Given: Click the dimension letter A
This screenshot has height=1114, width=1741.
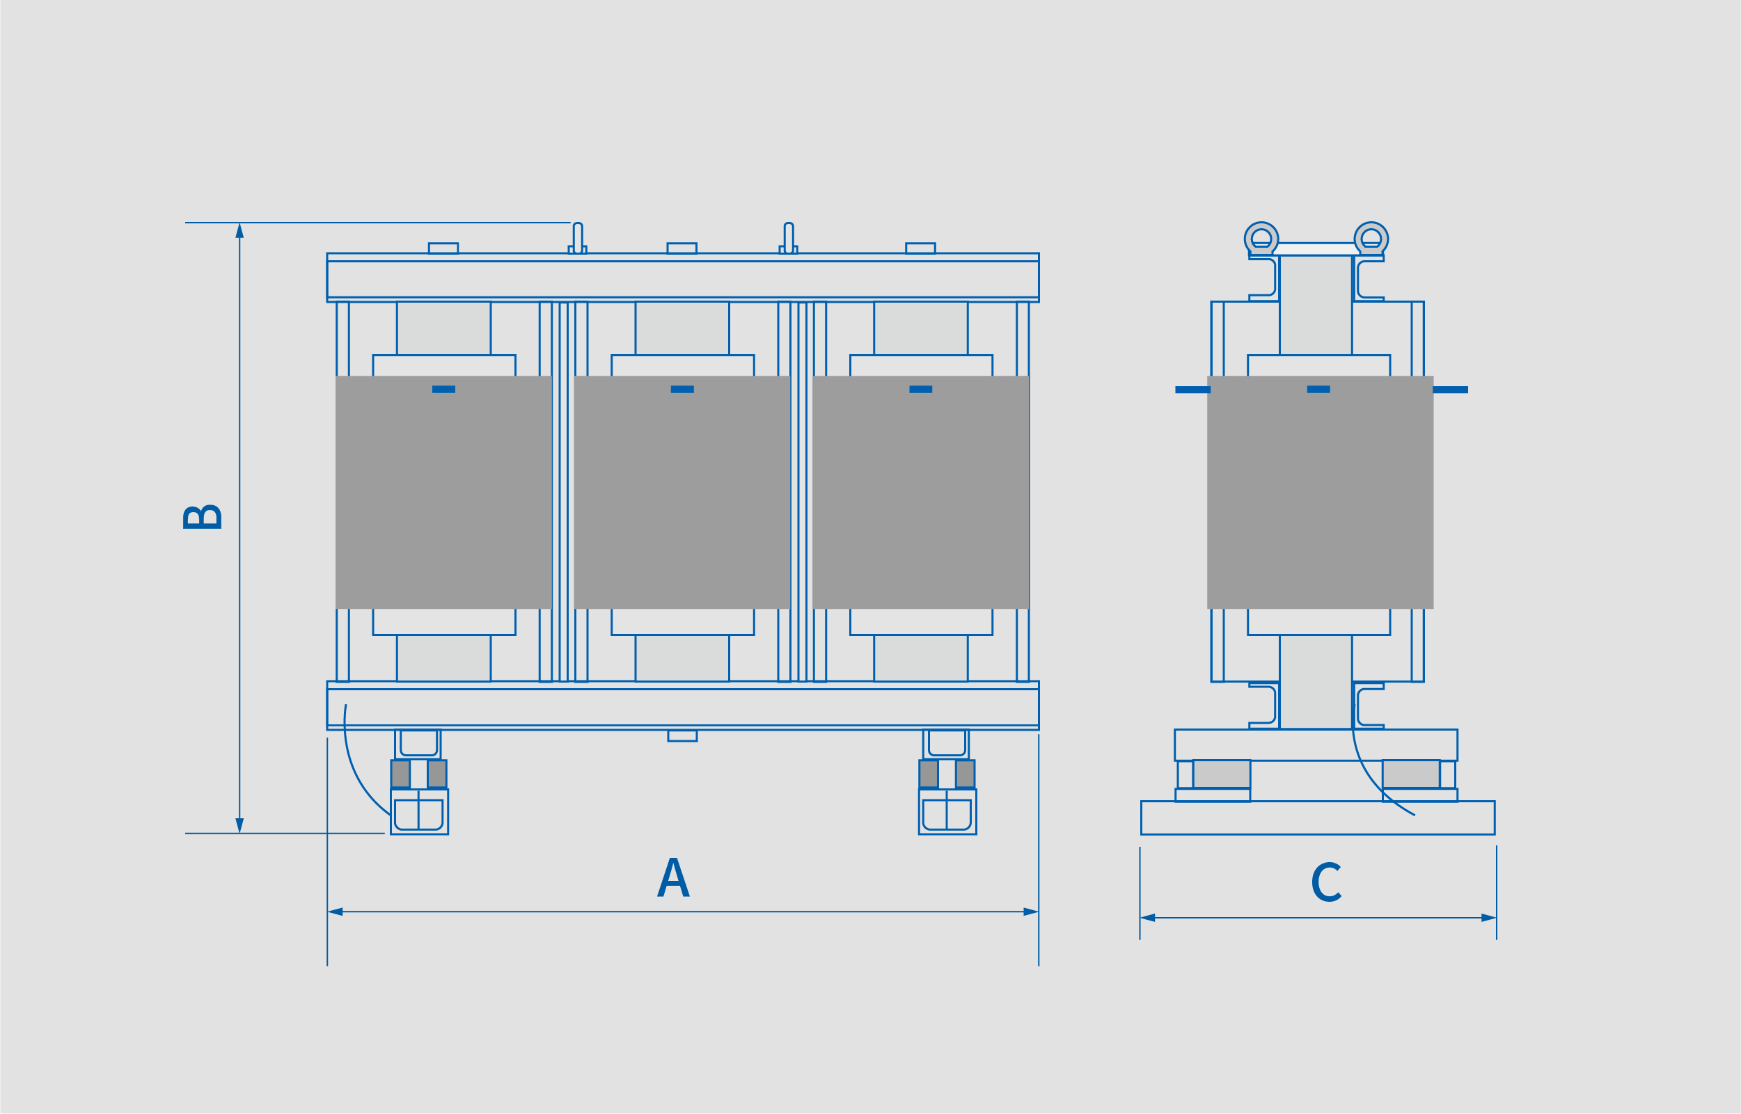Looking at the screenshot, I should [x=673, y=877].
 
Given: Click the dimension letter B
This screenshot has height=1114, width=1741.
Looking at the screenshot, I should [x=203, y=516].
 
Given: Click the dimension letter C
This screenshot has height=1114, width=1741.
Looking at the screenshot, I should [x=1326, y=882].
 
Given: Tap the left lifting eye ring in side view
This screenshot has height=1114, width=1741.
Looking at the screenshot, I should [x=1261, y=238].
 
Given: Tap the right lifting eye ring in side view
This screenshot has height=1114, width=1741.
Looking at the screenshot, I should [x=1371, y=238].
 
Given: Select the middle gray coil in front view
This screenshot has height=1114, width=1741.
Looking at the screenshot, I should [x=682, y=492].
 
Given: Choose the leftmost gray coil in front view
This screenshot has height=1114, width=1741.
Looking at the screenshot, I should [x=443, y=492].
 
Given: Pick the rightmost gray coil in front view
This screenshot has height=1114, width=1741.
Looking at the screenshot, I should [x=920, y=492].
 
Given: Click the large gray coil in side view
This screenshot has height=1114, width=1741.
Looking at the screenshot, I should [x=1320, y=492].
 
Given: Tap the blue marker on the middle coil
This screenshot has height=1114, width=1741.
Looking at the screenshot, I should [x=682, y=389].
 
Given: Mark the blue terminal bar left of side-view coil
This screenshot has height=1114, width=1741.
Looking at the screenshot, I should [x=1192, y=390].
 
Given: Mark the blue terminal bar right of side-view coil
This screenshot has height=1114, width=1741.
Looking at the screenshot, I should [x=1450, y=390].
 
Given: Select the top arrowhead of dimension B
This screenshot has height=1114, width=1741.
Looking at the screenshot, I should [x=239, y=231].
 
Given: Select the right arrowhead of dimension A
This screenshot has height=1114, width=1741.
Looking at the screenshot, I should [x=1030, y=912].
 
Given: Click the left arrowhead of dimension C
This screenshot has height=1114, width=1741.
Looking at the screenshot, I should [x=1148, y=918].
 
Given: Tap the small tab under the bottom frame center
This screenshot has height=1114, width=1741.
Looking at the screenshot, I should [x=682, y=735].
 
